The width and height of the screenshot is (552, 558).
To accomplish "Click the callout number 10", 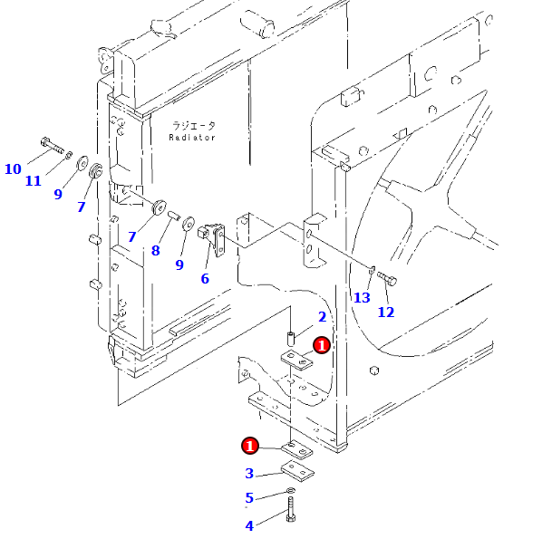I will [x=13, y=168].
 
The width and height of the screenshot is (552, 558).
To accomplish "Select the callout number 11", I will [x=34, y=181].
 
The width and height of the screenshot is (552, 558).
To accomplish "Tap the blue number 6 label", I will [x=205, y=279].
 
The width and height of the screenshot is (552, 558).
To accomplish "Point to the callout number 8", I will [x=156, y=251].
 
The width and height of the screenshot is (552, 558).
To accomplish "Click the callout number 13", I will [x=362, y=298].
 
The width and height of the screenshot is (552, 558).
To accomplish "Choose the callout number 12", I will [x=386, y=313].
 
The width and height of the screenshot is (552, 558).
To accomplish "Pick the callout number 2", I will [x=321, y=317].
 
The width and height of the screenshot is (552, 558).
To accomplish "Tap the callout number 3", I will [x=249, y=473].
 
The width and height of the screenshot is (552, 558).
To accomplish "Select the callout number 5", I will [x=249, y=497].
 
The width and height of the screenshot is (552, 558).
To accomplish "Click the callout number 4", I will [x=249, y=525].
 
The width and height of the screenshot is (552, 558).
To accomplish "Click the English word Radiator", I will [x=192, y=138].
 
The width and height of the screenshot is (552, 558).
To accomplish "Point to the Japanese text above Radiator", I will [x=193, y=126].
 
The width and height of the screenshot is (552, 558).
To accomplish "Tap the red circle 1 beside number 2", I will [x=321, y=344].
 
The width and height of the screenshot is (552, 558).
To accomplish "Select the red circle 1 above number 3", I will [x=250, y=445].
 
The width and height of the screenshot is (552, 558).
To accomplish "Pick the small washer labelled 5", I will [x=290, y=491].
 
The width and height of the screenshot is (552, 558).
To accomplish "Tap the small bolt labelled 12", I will [x=386, y=278].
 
